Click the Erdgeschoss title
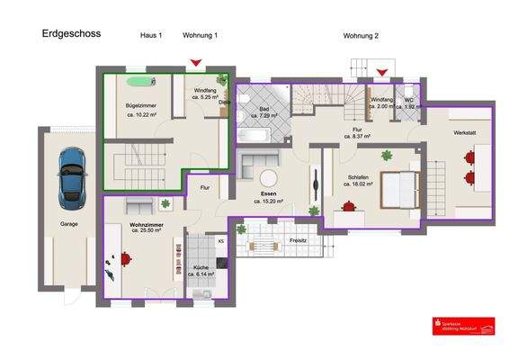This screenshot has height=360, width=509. [71, 34]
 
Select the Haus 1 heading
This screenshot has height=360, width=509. [151, 35]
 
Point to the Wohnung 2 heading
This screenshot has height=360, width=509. [361, 35]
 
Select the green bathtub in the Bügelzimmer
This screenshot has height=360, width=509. [138, 82]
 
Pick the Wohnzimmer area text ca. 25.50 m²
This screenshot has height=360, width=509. [139, 231]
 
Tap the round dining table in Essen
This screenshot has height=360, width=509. [268, 179]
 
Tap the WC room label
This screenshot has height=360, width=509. [408, 101]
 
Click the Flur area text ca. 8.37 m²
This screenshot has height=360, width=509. [358, 139]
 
